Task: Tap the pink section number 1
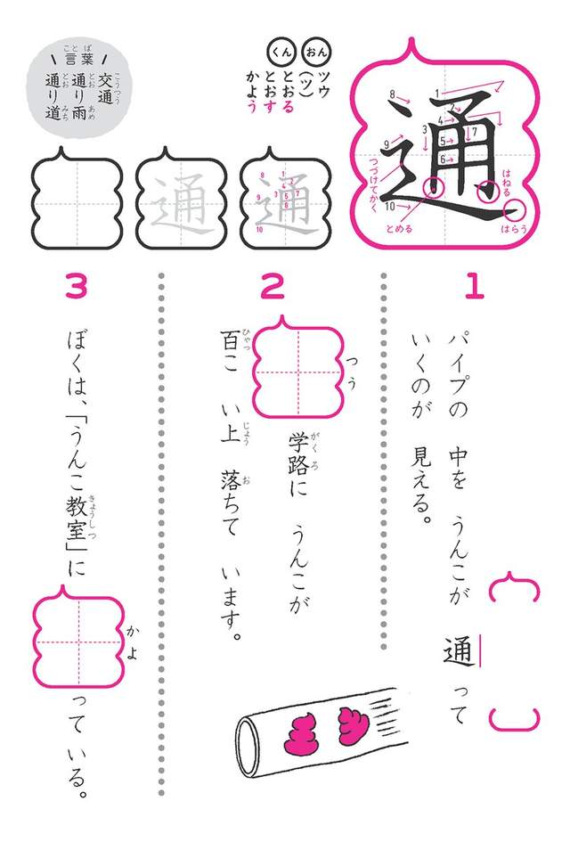474,285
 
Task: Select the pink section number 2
272,285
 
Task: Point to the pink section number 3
77,285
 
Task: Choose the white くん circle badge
283,50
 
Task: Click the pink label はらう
516,229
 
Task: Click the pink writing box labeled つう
297,367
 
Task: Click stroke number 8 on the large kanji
392,94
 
